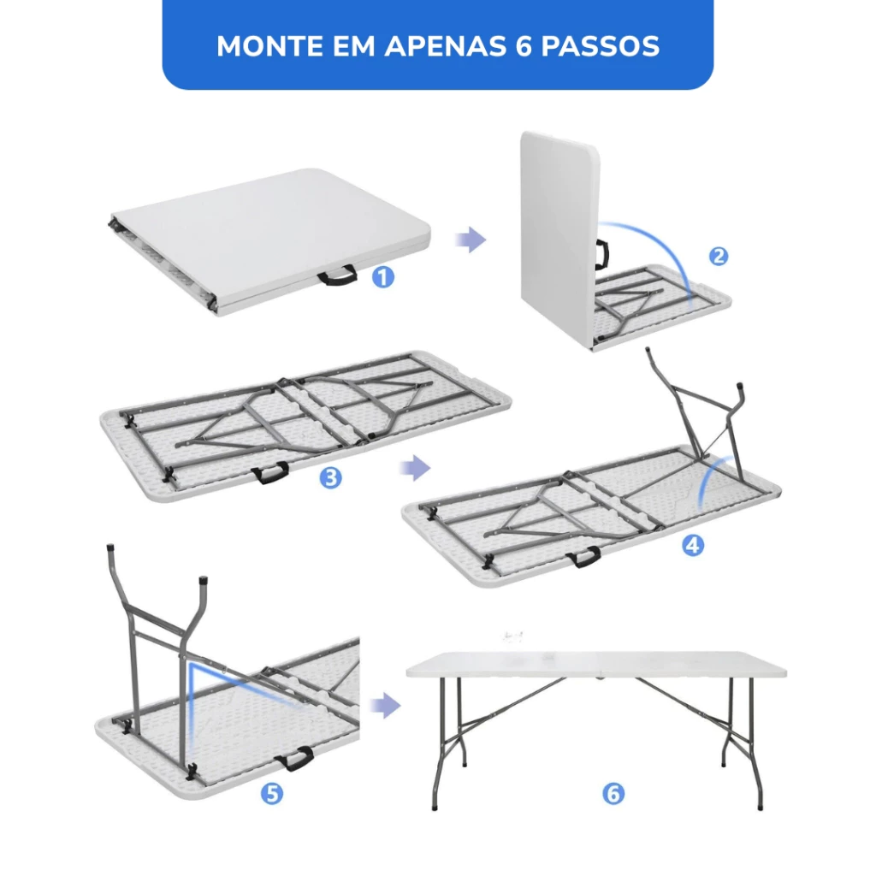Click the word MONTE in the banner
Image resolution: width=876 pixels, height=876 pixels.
point(269,46)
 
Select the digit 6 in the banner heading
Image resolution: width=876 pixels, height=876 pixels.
point(524,46)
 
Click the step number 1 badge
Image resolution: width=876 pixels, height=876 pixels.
point(383,276)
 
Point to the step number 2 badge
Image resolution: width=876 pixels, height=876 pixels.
point(719,257)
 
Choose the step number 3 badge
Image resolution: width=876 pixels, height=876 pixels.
point(331,478)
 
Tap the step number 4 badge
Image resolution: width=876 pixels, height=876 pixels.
point(693,545)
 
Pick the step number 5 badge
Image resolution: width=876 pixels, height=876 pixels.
point(272,793)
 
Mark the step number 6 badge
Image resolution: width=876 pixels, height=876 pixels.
point(613,793)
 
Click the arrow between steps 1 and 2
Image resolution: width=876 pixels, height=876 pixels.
point(471,240)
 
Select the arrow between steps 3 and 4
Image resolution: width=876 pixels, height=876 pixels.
point(415,467)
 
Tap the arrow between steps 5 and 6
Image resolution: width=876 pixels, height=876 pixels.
point(386,706)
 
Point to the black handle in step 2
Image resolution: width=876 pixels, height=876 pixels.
point(603,254)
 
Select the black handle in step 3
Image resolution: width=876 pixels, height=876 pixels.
point(269,473)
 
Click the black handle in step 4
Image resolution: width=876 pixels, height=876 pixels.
point(583,557)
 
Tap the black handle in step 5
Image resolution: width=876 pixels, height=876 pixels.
point(293,759)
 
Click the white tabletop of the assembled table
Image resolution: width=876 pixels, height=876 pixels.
point(596,664)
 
